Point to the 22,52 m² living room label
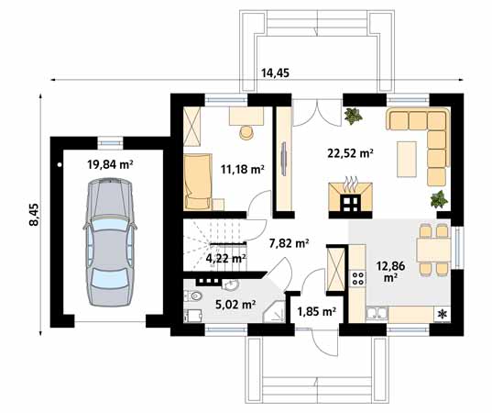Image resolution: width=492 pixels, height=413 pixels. [349, 153]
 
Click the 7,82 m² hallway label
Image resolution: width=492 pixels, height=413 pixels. [289, 243]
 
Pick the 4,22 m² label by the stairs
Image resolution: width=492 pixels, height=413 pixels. [225, 259]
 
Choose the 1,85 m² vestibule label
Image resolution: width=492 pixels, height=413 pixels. [316, 312]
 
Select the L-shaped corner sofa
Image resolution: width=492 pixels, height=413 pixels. [423, 138]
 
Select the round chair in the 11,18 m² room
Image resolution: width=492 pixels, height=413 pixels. [246, 132]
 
